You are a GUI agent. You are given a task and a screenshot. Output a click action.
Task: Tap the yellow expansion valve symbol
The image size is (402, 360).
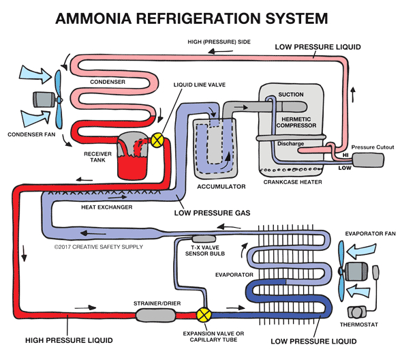tap(202, 315)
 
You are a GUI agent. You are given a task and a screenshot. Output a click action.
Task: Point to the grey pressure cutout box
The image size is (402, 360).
tap(367, 160)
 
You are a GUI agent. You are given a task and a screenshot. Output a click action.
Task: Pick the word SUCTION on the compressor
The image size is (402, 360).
tap(291, 95)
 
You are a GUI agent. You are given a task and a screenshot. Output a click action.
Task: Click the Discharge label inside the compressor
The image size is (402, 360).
tap(291, 143)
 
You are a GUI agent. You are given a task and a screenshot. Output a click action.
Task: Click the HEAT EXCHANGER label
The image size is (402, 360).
tap(106, 207)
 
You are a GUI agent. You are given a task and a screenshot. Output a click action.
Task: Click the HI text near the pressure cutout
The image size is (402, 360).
tap(336, 155)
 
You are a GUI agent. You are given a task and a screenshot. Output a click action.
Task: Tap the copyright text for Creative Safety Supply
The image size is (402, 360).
tap(98, 246)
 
